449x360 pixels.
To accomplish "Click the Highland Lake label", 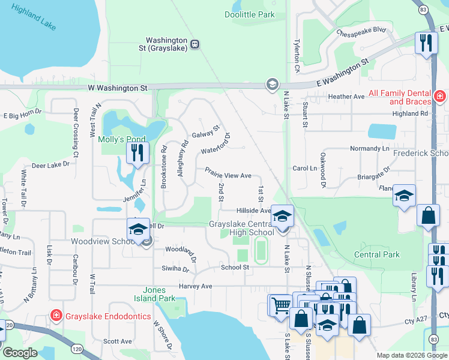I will [33, 17].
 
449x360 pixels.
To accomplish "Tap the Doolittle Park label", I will [249, 14].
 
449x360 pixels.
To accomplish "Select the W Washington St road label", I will [117, 88].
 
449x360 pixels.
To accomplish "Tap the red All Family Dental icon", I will [440, 95].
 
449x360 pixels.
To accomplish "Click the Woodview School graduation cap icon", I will [138, 229].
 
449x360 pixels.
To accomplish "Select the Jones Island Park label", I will [159, 294].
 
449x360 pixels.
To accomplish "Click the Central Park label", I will [377, 254].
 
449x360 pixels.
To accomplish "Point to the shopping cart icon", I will [279, 305].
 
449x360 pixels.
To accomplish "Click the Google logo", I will [20, 353].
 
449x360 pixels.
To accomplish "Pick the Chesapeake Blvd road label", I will [361, 31].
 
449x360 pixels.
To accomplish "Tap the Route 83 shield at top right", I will [424, 10].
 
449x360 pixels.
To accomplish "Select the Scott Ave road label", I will [117, 341].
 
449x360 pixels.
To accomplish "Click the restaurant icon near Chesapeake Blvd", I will [426, 43].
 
